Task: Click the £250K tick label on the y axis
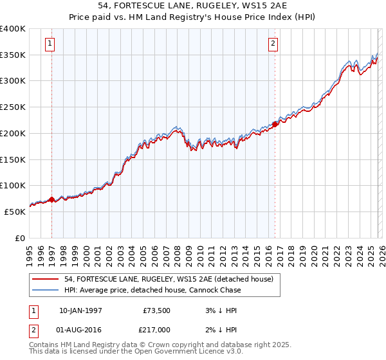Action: (x=13, y=107)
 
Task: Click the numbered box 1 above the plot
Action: (x=50, y=44)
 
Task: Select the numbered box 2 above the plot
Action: (x=273, y=44)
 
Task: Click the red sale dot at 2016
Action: (x=275, y=124)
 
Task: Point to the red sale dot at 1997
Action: (x=52, y=199)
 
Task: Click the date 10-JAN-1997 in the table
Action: (x=80, y=310)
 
